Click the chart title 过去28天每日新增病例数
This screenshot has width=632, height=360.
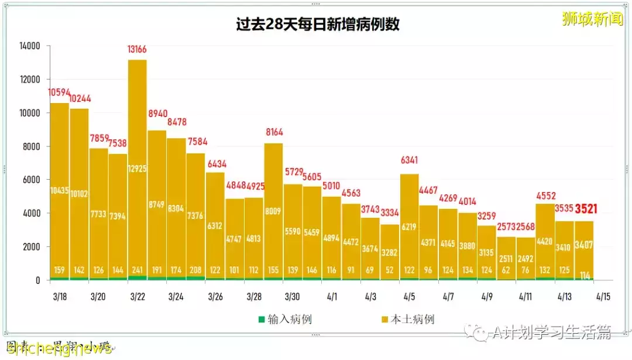(x=318, y=25)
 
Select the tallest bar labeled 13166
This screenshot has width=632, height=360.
(x=138, y=176)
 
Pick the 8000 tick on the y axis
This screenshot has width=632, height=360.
(x=30, y=146)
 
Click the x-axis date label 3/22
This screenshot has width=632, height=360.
(x=138, y=297)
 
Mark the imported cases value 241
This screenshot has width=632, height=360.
(x=138, y=270)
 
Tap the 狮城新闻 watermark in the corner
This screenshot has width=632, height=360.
(x=592, y=19)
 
